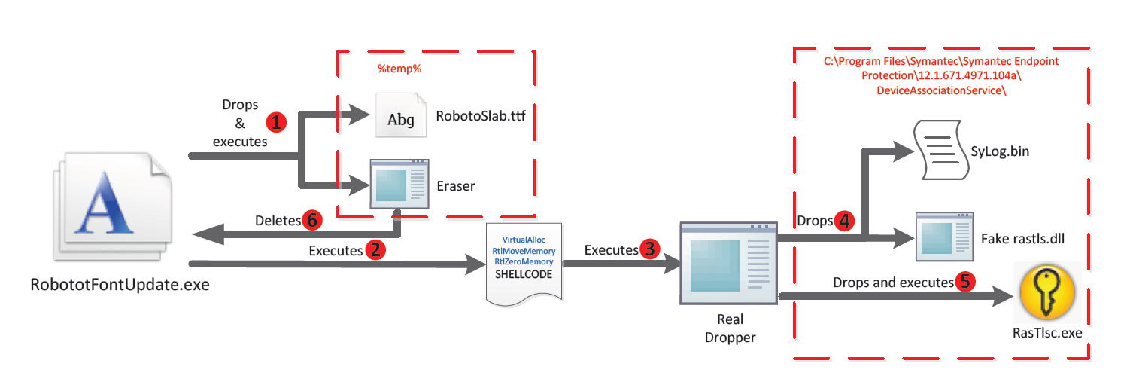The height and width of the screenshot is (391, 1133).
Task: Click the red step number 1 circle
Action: (278, 121)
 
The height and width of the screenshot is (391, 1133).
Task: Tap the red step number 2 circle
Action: (374, 251)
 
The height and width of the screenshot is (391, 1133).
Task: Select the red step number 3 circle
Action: (649, 249)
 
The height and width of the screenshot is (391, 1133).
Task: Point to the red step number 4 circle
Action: (846, 221)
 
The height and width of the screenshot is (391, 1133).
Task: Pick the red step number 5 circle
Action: (966, 282)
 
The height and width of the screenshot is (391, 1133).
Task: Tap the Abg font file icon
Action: (399, 118)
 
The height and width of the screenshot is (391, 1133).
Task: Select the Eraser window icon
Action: (399, 184)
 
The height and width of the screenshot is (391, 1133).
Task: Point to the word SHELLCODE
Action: (524, 274)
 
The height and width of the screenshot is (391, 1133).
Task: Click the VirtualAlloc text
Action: (524, 240)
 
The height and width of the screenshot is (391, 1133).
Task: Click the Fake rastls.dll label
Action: (1022, 239)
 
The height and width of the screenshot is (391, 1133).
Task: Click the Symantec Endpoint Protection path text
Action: (940, 75)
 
